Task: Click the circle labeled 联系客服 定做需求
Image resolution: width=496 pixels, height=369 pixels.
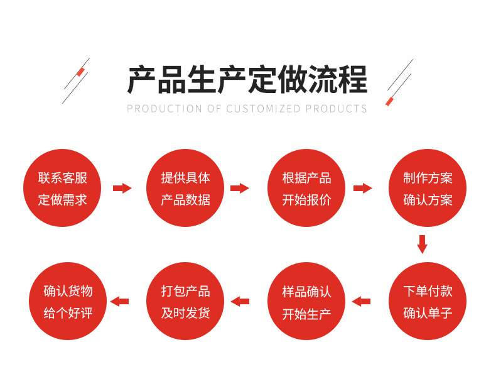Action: point(63,189)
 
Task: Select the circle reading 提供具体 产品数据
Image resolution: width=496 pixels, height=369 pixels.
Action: point(185,189)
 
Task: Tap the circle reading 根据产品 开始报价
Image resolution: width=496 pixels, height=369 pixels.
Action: point(306,189)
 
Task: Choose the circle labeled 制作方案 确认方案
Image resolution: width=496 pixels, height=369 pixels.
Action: point(428,189)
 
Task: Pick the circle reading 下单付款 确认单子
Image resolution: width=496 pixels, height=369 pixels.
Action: point(428,302)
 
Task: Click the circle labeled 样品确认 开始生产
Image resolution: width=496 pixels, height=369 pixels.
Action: point(306,302)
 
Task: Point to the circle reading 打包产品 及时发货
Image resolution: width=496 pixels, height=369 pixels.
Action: point(185,302)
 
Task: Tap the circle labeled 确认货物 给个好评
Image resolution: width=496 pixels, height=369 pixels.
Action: point(68,302)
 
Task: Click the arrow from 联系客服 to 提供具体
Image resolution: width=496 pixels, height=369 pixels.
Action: point(122,188)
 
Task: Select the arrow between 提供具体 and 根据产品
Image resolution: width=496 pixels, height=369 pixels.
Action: point(240,188)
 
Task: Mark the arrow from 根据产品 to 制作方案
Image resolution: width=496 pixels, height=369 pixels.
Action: point(362,188)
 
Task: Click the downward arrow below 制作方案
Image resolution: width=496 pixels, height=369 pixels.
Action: point(422,244)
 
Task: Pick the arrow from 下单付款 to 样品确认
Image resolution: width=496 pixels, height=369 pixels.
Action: point(361,302)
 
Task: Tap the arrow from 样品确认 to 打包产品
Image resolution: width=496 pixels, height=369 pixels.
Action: point(240,302)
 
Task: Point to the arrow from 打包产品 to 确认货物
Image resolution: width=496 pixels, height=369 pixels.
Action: point(119,302)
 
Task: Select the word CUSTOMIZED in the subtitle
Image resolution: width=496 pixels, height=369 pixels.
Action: point(264,109)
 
